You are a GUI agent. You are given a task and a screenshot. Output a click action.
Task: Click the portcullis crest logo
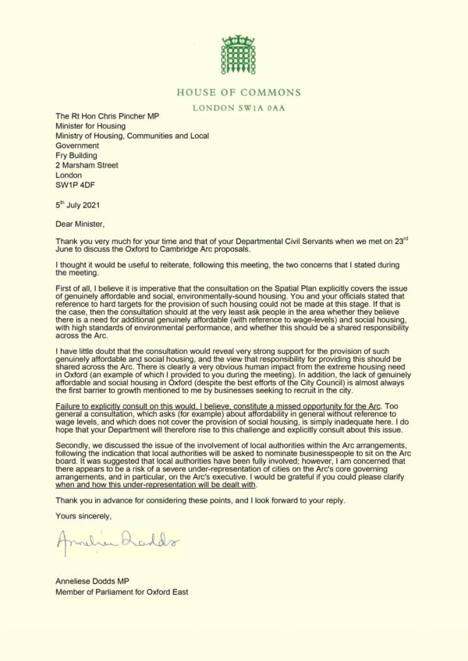[x=238, y=54]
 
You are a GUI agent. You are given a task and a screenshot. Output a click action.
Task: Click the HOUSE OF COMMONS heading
[x=238, y=90]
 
